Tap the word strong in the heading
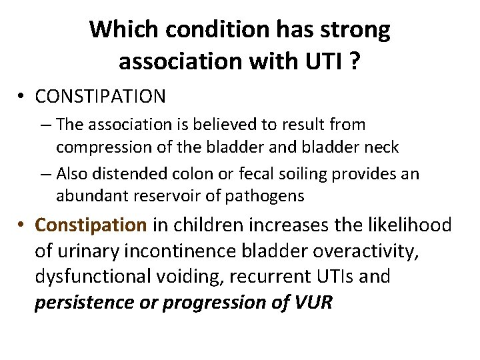point(357,29)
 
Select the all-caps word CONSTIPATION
point(100,97)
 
